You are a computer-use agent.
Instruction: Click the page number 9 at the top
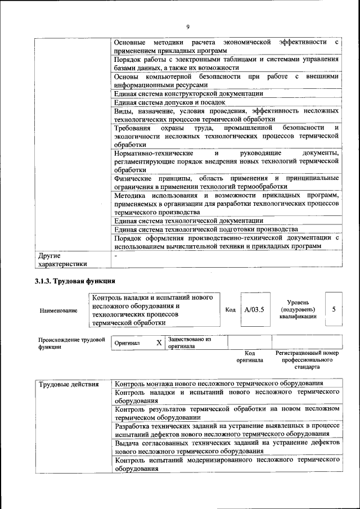(x=187, y=26)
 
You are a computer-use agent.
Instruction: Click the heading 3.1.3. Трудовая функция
(x=75, y=281)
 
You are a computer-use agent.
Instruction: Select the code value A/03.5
(x=254, y=309)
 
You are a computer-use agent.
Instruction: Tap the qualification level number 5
(x=334, y=309)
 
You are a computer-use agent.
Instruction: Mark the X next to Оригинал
(x=159, y=343)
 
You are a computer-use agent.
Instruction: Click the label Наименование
(x=58, y=310)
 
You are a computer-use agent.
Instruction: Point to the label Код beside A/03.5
(x=230, y=310)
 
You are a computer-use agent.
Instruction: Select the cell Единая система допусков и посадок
(x=169, y=102)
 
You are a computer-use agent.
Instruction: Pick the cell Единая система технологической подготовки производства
(x=205, y=229)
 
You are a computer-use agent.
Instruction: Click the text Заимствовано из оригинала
(x=188, y=343)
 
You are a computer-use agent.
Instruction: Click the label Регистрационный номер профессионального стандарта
(x=307, y=360)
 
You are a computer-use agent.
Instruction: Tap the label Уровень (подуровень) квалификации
(x=298, y=309)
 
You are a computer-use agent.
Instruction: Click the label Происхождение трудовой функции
(x=71, y=343)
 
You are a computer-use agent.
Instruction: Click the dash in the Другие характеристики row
(x=115, y=256)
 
